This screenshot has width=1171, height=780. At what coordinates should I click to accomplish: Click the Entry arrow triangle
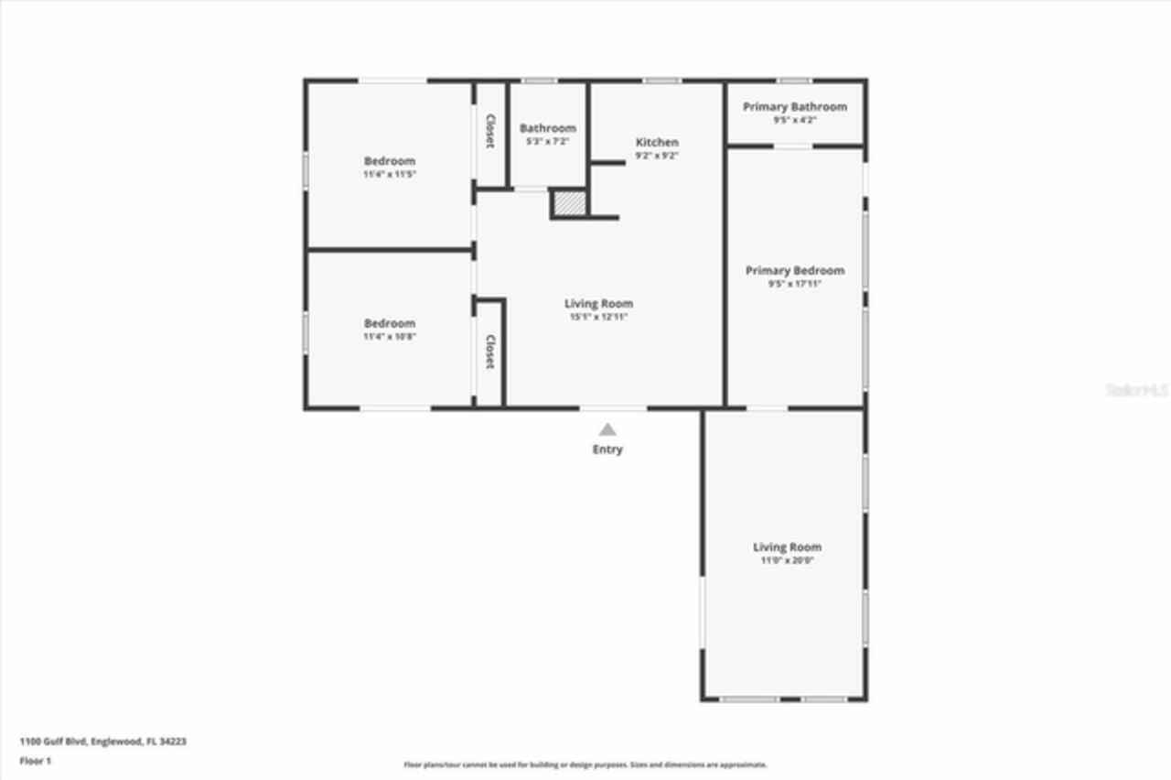tap(607, 428)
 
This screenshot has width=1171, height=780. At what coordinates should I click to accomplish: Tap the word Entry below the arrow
tap(607, 450)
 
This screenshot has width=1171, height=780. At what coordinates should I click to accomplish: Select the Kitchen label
tap(657, 142)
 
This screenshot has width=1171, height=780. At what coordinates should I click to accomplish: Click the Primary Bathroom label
tap(794, 107)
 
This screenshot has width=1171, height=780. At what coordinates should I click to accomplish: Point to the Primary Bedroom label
tap(794, 270)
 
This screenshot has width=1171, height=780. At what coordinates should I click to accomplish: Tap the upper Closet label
tap(490, 131)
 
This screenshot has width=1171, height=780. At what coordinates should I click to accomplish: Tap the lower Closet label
tap(490, 352)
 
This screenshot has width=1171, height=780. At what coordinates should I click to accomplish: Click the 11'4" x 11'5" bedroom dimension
tap(390, 174)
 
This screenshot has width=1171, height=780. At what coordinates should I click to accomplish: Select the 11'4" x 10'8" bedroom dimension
tap(390, 337)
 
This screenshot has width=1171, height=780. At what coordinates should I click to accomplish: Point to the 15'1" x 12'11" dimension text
tap(598, 317)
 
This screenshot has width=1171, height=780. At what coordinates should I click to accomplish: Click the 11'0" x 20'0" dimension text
tap(787, 560)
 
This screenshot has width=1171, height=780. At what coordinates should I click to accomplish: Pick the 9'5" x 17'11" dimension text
tap(794, 284)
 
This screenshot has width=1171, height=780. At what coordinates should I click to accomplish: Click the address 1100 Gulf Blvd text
tap(103, 742)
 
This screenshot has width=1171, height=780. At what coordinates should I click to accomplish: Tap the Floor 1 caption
tap(36, 761)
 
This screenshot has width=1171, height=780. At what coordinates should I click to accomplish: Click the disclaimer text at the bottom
tap(585, 764)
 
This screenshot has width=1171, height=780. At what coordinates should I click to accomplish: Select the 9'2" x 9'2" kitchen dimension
tap(657, 156)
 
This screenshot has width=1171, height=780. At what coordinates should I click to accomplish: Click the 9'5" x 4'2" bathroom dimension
tap(794, 120)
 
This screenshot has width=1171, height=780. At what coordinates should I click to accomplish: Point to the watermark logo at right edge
tap(1137, 390)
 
